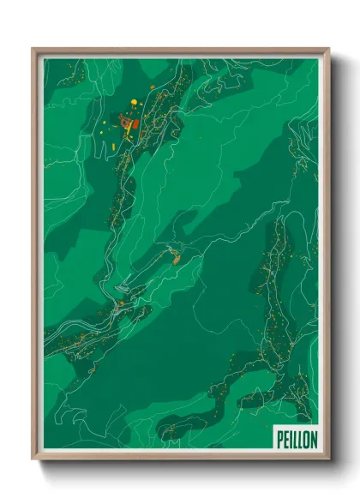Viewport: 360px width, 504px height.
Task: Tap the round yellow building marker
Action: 134,104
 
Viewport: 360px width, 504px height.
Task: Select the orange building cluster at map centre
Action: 176,255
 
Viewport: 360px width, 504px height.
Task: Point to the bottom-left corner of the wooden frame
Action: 33,459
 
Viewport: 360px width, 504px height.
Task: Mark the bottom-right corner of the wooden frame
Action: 328,459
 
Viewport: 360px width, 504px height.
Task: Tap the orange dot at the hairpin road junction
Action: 122,303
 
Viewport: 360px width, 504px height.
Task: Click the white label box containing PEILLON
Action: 297,439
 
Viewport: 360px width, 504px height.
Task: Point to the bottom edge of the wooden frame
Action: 180,458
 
